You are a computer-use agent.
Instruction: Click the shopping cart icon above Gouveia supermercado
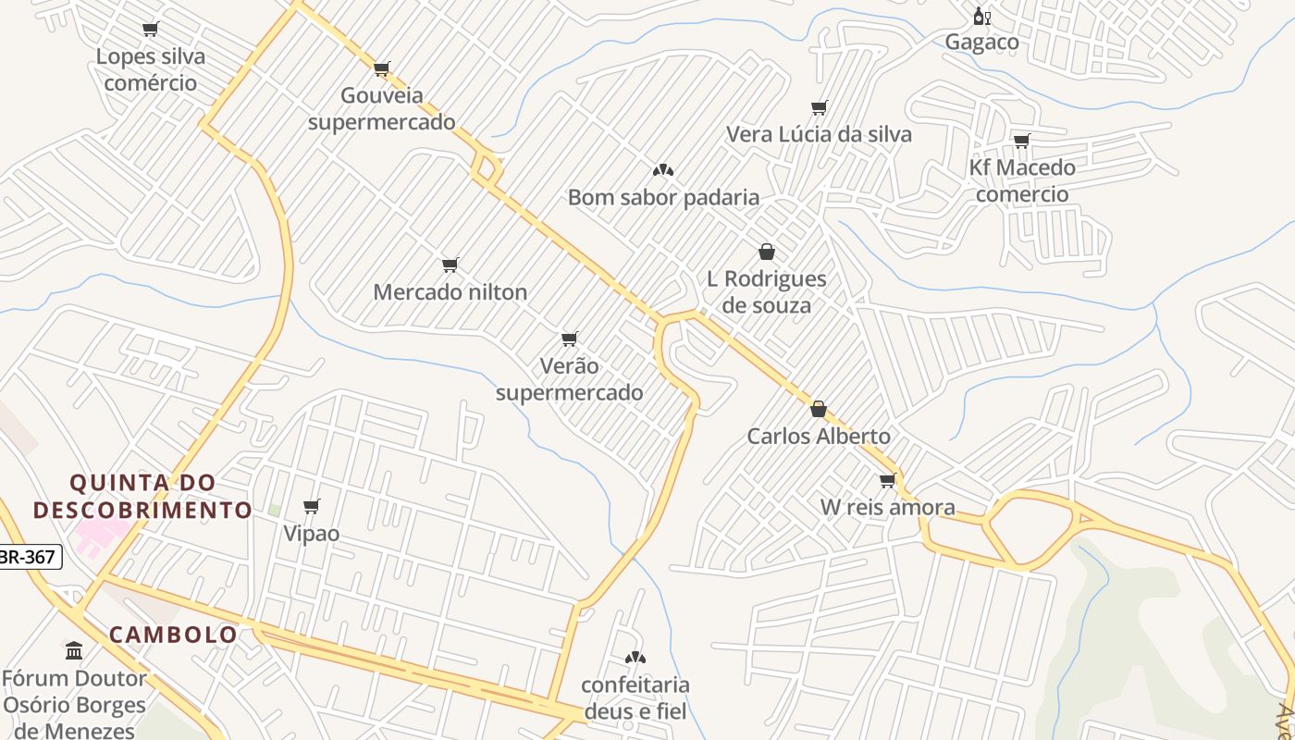pyautogui.click(x=381, y=68)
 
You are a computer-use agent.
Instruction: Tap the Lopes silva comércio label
pyautogui.click(x=151, y=69)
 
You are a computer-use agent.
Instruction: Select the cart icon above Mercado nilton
pyautogui.click(x=450, y=265)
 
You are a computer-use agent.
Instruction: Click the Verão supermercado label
pyautogui.click(x=569, y=379)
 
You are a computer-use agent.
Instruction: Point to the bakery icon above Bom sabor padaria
pyautogui.click(x=662, y=170)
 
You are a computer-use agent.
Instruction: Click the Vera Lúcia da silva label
pyautogui.click(x=819, y=134)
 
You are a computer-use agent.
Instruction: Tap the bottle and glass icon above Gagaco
pyautogui.click(x=981, y=17)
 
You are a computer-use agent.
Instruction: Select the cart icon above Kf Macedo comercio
pyautogui.click(x=1021, y=142)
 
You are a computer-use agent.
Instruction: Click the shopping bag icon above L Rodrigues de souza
pyautogui.click(x=766, y=252)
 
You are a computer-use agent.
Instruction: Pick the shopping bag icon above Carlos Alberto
pyautogui.click(x=818, y=409)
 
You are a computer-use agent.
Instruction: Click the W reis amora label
pyautogui.click(x=887, y=507)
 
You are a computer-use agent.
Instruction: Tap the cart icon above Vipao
pyautogui.click(x=312, y=506)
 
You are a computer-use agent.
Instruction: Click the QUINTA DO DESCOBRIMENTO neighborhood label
pyautogui.click(x=142, y=496)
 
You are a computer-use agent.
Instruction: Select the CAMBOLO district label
pyautogui.click(x=173, y=635)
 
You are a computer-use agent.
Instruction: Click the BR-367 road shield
pyautogui.click(x=30, y=557)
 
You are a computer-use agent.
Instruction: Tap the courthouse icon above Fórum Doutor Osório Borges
pyautogui.click(x=74, y=650)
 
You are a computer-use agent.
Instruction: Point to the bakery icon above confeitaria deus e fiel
pyautogui.click(x=635, y=658)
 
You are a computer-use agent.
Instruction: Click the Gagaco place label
pyautogui.click(x=981, y=42)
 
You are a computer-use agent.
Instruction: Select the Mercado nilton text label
pyautogui.click(x=450, y=292)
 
